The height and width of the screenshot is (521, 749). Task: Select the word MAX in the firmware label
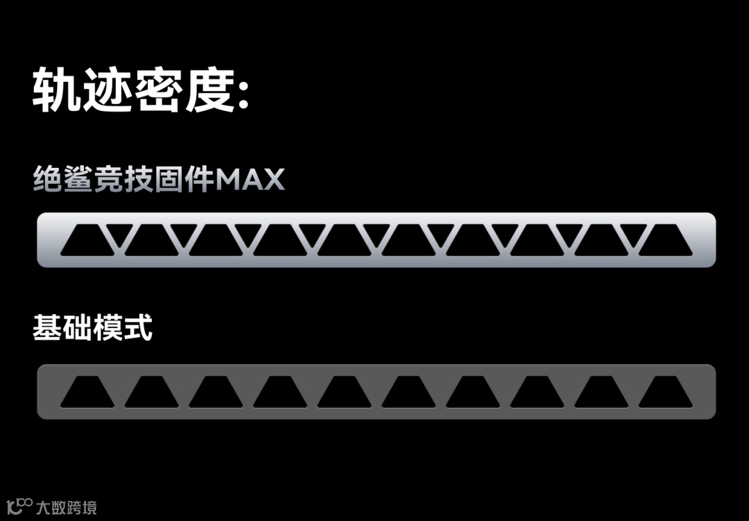pyautogui.click(x=250, y=180)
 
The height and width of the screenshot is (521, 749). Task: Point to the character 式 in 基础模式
pyautogui.click(x=138, y=327)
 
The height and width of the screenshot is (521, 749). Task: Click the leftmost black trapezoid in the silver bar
pyautogui.click(x=87, y=242)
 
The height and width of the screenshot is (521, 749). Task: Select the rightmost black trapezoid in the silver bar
pyautogui.click(x=665, y=242)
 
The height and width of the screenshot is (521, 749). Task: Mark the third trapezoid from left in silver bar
pyautogui.click(x=216, y=242)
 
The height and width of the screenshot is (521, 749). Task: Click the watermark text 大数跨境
pyautogui.click(x=67, y=507)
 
